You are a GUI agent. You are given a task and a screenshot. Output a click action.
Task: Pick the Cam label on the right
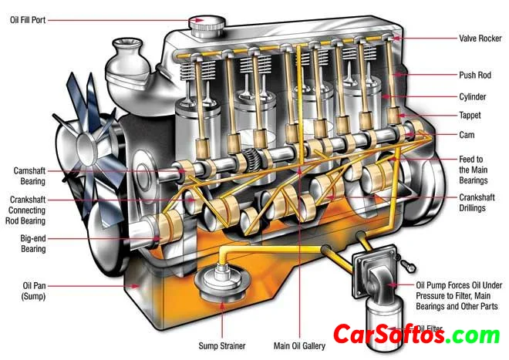[x=465, y=134]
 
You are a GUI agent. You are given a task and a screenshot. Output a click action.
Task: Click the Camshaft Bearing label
[x=25, y=175]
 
